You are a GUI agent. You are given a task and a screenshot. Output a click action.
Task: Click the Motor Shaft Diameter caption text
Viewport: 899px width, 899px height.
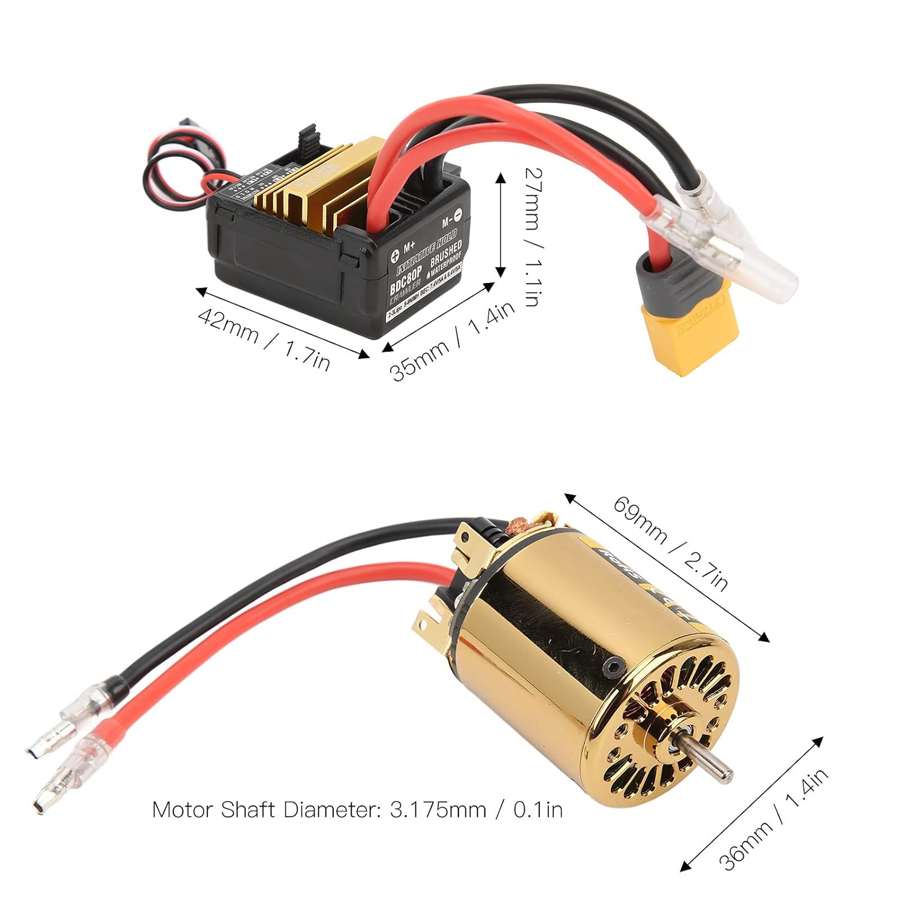click(357, 810)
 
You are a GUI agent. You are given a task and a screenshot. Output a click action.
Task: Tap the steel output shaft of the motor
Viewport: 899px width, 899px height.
click(708, 762)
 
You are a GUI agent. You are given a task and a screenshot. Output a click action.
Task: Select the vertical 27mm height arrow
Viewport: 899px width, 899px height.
click(501, 225)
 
